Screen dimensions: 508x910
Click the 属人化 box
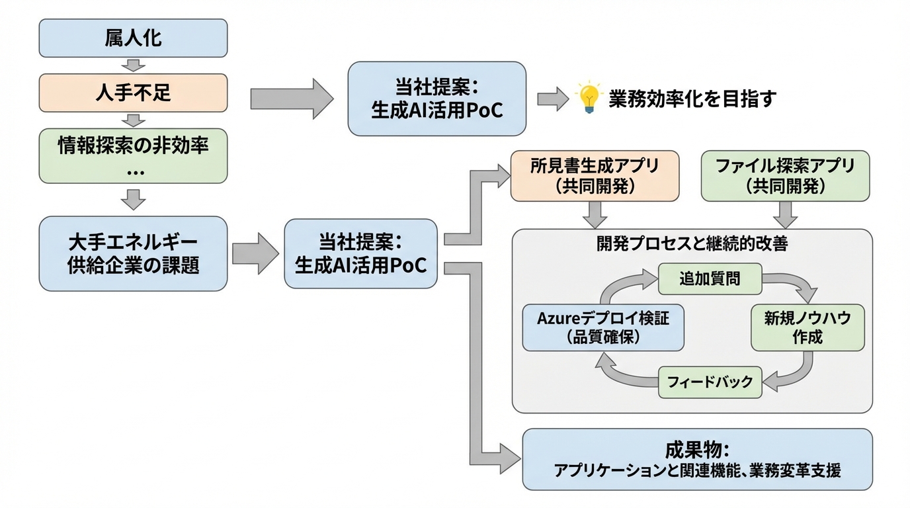133,38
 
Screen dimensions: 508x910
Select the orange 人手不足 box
133,93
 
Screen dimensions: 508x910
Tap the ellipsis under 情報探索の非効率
134,171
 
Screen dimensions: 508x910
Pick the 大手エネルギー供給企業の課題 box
133,253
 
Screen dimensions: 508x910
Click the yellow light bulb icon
588,98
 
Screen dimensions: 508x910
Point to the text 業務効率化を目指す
691,99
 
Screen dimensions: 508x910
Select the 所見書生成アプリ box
595,176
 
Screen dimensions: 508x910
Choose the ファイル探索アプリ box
785,176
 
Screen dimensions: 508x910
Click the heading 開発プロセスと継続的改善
692,243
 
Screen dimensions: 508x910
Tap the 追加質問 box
710,278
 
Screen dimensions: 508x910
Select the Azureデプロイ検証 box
602,327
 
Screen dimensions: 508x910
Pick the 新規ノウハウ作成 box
807,327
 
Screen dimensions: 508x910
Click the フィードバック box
710,382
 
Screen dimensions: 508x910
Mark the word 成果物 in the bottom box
696,451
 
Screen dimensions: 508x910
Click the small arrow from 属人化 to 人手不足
134,65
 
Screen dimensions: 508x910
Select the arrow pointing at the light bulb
553,99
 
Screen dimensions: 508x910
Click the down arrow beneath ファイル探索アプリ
785,214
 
